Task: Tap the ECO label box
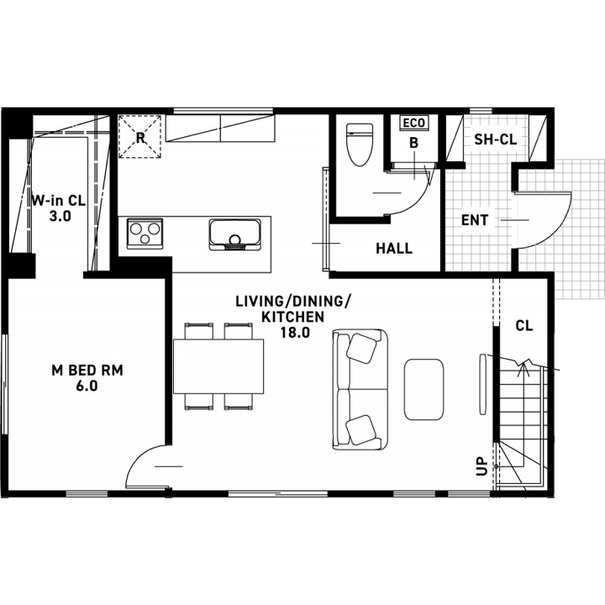[x=413, y=124]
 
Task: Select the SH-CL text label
[x=495, y=139]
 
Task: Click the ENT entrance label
[x=475, y=220]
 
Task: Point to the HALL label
[x=394, y=249]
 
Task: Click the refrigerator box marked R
[x=139, y=136]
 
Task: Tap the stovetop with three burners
[x=145, y=231]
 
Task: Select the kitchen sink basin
[x=235, y=234]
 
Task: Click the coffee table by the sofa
[x=424, y=389]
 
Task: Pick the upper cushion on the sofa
[x=363, y=347]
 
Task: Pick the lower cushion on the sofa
[x=363, y=429]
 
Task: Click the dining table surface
[x=218, y=366]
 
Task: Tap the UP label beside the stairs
[x=481, y=466]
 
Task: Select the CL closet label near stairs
[x=523, y=325]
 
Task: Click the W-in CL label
[x=59, y=201]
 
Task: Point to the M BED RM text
[x=87, y=370]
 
